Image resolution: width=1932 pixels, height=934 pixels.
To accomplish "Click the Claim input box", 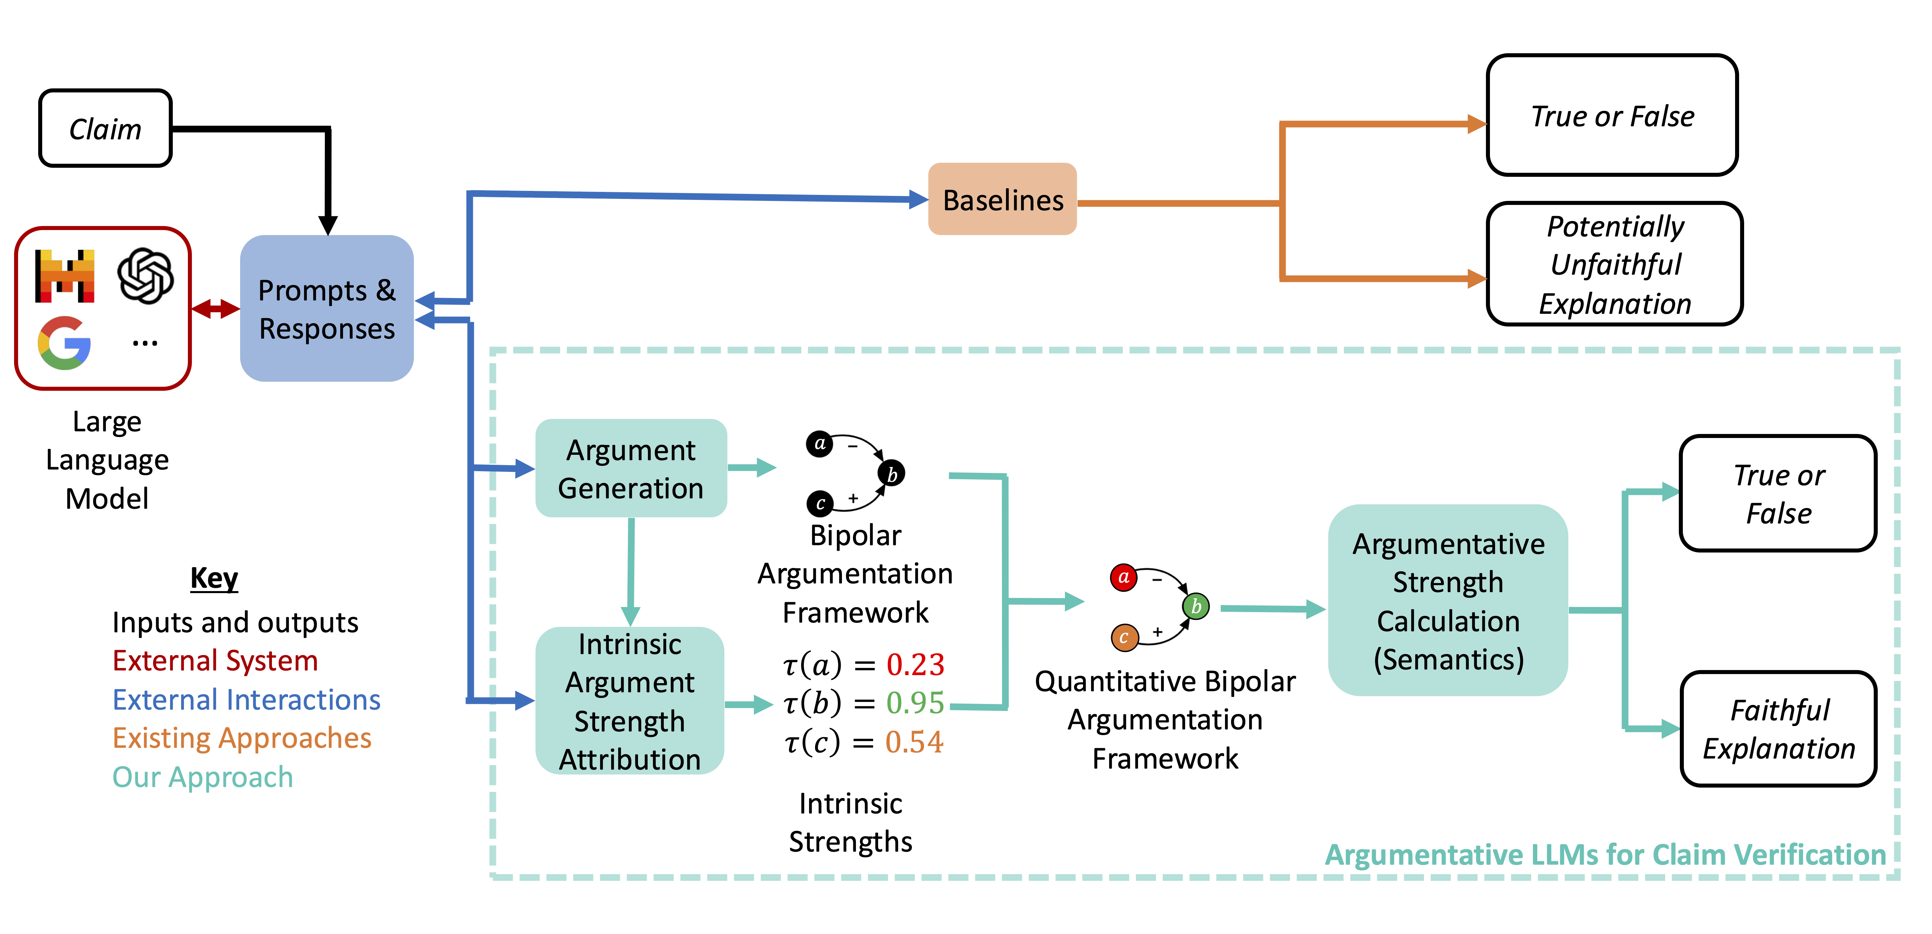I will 105,128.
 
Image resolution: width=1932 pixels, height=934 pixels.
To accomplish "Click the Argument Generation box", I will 631,468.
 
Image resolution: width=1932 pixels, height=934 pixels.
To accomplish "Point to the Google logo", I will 65,343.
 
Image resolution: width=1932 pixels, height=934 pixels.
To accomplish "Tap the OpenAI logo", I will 145,275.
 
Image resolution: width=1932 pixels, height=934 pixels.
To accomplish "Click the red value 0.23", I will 915,665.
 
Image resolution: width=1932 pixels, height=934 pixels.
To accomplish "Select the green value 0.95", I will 915,703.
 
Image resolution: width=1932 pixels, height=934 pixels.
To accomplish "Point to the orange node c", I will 1124,638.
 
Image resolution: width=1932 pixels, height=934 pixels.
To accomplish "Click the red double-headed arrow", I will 215,308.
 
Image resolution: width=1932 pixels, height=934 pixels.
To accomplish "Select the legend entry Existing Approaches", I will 241,738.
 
